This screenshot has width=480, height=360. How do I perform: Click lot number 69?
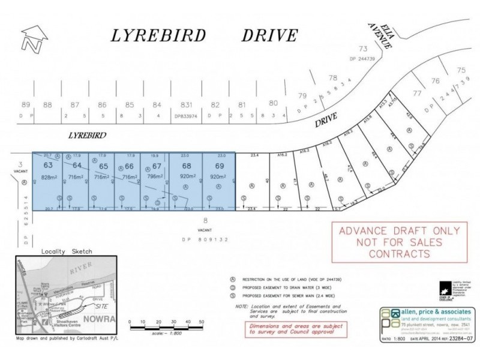click(219, 165)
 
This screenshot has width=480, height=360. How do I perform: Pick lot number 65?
click(103, 166)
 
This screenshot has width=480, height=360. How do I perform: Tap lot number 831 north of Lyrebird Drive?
click(185, 104)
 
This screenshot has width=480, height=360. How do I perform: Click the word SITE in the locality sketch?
click(95, 305)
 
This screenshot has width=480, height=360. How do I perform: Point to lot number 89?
click(25, 104)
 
